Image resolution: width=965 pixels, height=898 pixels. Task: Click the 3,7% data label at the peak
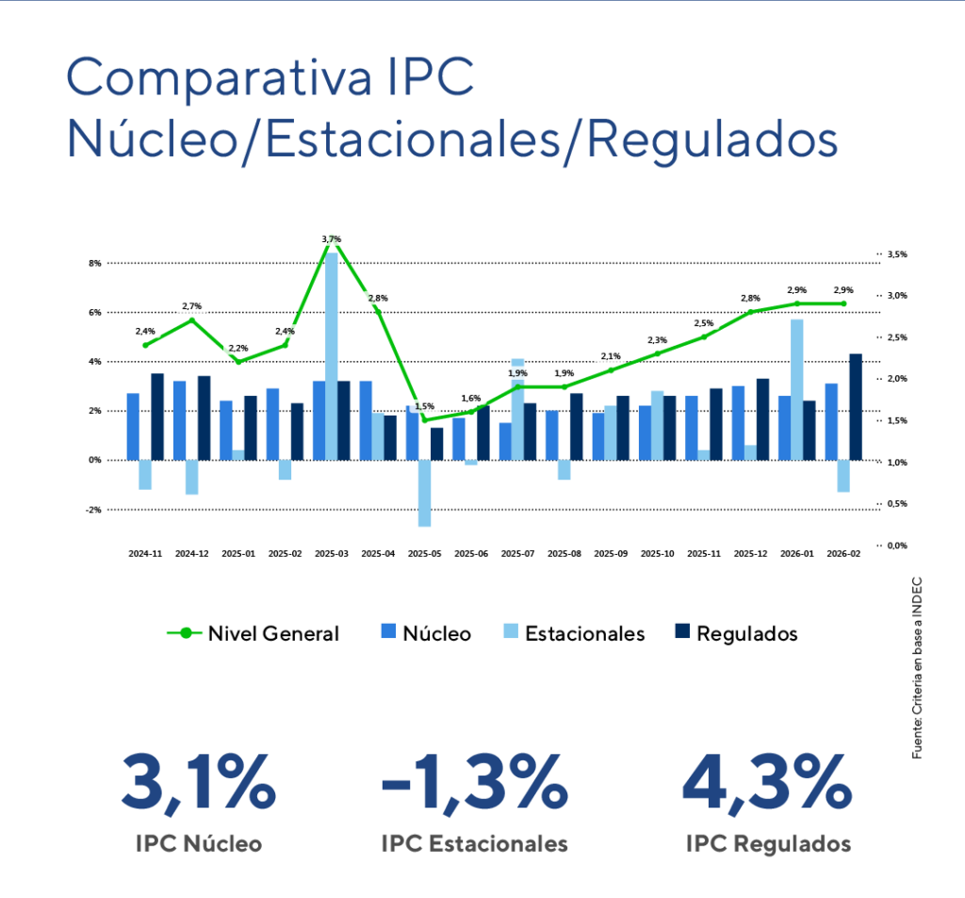tap(331, 238)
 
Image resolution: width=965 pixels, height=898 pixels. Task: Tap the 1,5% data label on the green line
tap(424, 406)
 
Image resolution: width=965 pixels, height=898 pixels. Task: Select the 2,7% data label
tap(191, 306)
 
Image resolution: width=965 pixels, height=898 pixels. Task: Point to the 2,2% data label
tap(237, 348)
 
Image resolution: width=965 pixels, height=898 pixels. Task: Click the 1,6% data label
tap(470, 398)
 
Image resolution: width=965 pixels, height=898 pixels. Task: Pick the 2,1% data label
tap(610, 356)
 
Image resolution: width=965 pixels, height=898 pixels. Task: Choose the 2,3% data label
tap(657, 339)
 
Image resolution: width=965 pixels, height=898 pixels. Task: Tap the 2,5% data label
tap(703, 322)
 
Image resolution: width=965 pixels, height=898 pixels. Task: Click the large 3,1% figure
tap(198, 782)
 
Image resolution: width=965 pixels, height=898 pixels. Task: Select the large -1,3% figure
tap(475, 782)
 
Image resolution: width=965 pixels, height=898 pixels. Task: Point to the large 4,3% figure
tap(767, 782)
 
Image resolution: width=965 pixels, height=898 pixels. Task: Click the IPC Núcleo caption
tap(198, 843)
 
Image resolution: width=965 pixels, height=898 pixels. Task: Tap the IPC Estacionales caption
tap(475, 843)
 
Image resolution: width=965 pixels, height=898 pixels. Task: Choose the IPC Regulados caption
tap(769, 843)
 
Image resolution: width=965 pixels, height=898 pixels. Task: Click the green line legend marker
tap(186, 633)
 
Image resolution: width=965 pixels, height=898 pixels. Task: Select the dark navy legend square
tap(682, 630)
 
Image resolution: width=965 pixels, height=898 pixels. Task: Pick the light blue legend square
tap(509, 630)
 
